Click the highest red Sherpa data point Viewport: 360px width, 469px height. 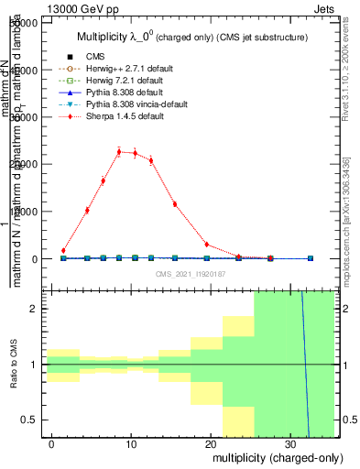pyautogui.click(x=119, y=151)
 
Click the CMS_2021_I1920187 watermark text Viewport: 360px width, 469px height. pyautogui.click(x=189, y=274)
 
